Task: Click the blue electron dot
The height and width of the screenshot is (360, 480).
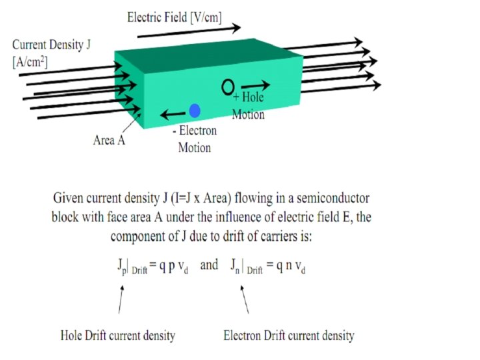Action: click(x=195, y=111)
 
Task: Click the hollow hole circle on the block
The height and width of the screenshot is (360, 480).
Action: click(x=227, y=86)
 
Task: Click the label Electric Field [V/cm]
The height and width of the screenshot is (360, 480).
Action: click(x=174, y=17)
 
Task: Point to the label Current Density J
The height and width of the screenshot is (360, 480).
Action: click(x=51, y=45)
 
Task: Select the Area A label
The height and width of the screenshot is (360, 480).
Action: click(x=109, y=140)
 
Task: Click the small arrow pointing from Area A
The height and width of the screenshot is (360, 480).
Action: click(x=135, y=121)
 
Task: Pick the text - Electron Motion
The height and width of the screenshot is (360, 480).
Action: click(x=194, y=139)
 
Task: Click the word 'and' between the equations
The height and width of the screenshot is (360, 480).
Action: click(x=209, y=265)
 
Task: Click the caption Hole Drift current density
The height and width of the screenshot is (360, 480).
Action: click(x=118, y=335)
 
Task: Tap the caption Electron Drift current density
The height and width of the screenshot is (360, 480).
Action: click(x=289, y=335)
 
